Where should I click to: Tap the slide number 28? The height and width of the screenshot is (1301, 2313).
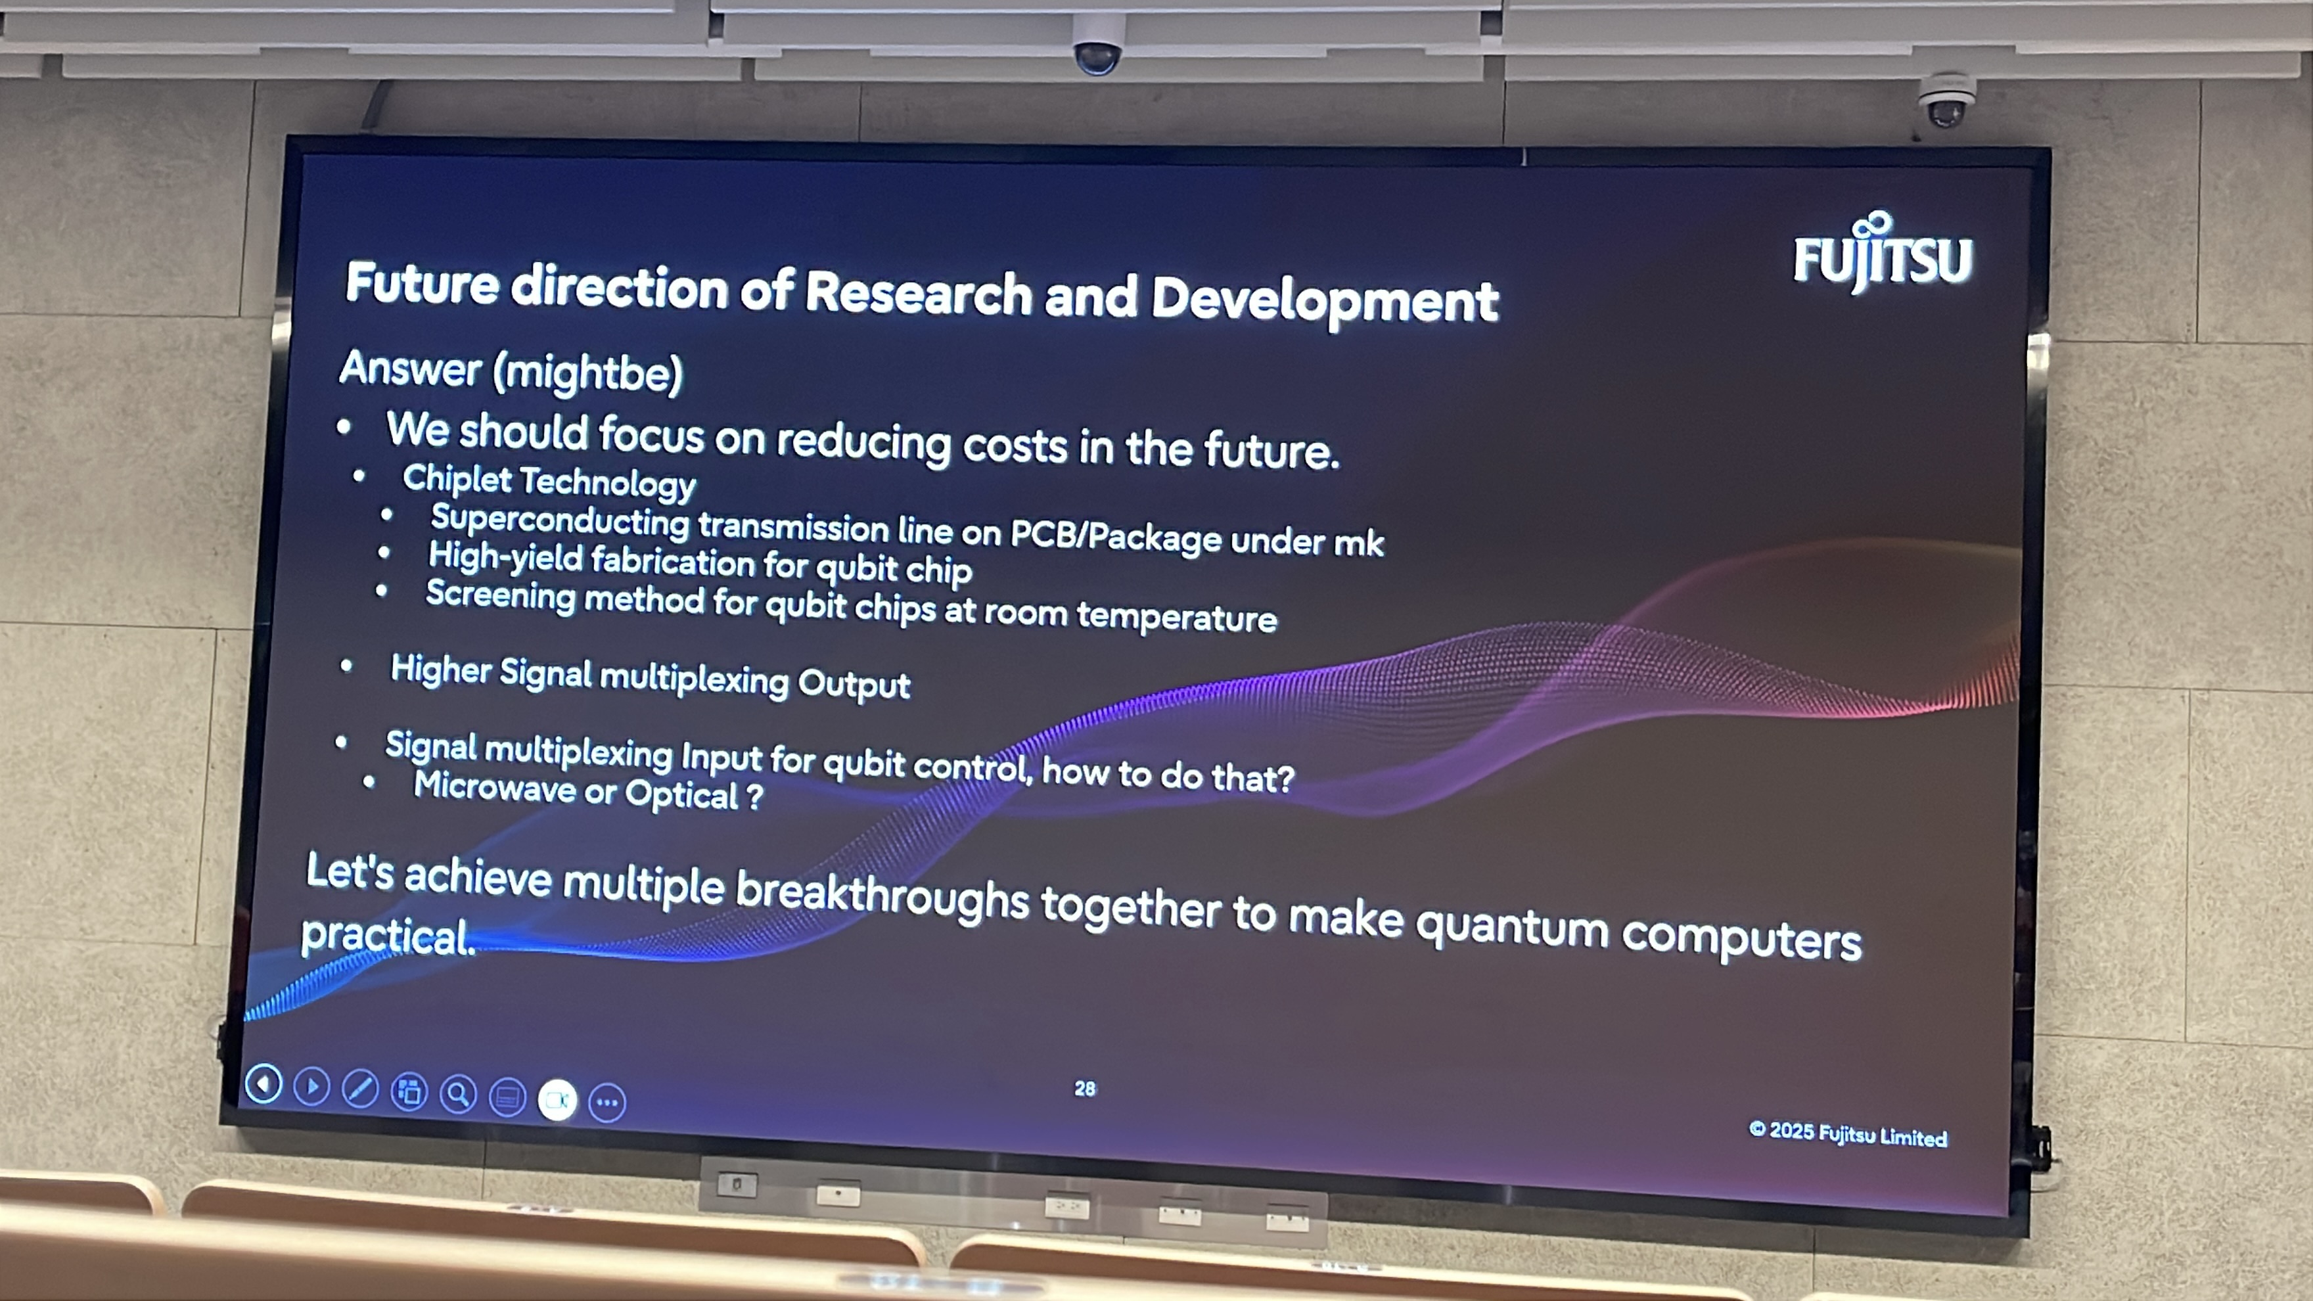pos(1085,1088)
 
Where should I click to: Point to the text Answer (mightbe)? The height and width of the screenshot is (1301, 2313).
pos(511,371)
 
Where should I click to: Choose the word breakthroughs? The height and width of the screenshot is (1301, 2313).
pos(882,895)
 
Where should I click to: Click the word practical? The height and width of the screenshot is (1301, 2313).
pos(388,936)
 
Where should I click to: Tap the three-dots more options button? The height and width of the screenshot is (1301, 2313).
pos(607,1103)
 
